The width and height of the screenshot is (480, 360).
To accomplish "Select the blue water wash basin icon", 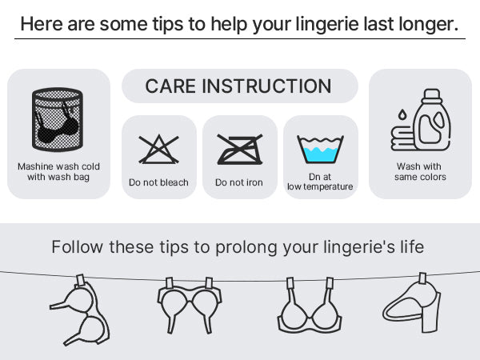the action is point(320,150).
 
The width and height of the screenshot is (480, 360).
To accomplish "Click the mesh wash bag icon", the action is point(58,120).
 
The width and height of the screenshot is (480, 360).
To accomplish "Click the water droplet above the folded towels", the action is point(402,114).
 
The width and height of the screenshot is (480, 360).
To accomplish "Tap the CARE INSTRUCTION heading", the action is point(238,86).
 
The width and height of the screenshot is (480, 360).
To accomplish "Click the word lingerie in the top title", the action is point(327,24).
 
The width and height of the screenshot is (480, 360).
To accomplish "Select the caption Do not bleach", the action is point(158,182).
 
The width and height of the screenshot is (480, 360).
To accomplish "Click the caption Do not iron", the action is point(239,182).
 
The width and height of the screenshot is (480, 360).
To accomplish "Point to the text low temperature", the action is point(320,186).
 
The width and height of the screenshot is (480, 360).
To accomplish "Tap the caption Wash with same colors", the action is point(420,171).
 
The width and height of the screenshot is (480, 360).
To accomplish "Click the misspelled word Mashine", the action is point(33,166).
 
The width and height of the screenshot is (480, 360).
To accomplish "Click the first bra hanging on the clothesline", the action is point(79,310).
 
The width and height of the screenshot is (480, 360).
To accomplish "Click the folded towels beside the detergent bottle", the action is point(402,138).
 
